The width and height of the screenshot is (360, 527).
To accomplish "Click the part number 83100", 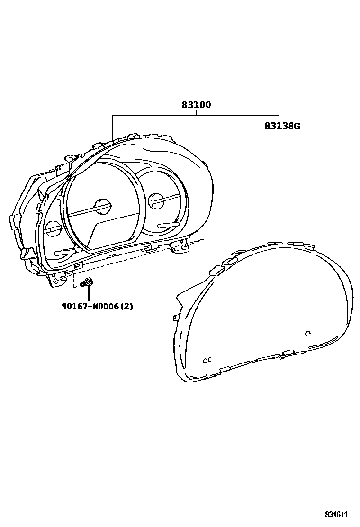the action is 196,105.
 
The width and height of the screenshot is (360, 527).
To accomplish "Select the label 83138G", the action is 282,126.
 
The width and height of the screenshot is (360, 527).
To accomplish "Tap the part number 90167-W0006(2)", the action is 97,306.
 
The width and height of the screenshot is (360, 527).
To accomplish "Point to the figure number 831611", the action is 336,514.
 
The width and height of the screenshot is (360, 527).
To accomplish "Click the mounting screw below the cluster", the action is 88,283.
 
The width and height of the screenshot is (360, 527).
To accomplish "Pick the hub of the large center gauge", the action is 103,206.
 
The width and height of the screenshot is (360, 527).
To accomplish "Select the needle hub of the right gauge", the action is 156,201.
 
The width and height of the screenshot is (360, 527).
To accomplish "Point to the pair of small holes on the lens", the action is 207,360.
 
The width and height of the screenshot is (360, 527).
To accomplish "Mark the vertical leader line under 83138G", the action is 279,185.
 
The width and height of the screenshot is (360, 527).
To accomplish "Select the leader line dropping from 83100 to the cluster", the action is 113,128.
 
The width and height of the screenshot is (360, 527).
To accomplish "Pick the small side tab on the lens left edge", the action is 176,317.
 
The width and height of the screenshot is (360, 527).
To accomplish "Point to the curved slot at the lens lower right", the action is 323,342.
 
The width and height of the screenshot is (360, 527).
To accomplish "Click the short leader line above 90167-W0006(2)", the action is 88,293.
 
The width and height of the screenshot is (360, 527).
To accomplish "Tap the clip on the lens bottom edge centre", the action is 287,354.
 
